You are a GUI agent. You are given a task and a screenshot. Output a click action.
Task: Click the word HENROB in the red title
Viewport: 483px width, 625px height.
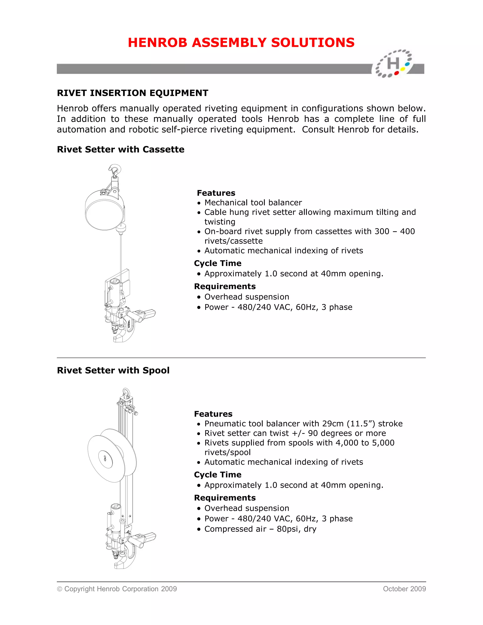tap(157, 43)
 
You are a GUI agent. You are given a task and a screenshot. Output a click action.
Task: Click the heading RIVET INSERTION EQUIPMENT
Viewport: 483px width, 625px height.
tap(133, 93)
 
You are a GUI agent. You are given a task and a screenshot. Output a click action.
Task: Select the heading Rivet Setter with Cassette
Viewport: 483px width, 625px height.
tap(121, 149)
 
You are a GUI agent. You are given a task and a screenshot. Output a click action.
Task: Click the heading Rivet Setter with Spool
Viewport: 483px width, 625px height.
tap(113, 370)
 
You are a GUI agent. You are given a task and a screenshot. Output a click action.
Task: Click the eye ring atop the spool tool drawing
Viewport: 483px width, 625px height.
tap(126, 392)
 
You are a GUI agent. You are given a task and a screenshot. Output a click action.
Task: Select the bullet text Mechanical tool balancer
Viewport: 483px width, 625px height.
tap(253, 203)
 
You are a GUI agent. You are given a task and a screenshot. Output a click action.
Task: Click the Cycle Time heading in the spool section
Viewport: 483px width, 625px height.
tap(217, 475)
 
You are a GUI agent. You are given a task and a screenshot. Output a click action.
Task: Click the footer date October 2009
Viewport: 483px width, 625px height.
tap(404, 589)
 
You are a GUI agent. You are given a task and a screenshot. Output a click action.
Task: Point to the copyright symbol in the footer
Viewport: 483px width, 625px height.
tap(59, 589)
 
